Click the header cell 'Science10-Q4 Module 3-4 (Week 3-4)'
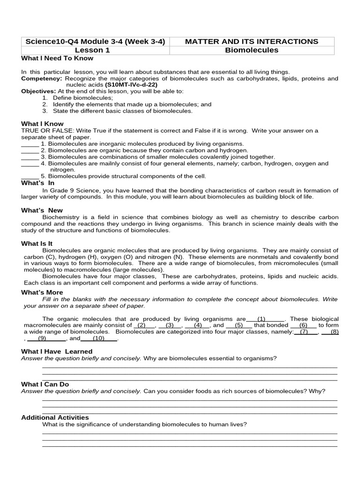pos(95,41)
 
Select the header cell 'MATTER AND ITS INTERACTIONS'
pos(252,41)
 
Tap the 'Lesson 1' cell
pos(95,50)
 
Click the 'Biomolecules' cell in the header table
pos(252,50)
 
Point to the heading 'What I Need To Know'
pos(57,58)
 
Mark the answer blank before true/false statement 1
pos(30,144)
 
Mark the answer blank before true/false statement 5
pos(30,177)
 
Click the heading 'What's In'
pos(37,183)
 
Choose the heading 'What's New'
pos(42,210)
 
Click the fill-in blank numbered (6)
pos(303,325)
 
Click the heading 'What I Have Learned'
pos(57,351)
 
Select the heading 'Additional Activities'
pos(55,417)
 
